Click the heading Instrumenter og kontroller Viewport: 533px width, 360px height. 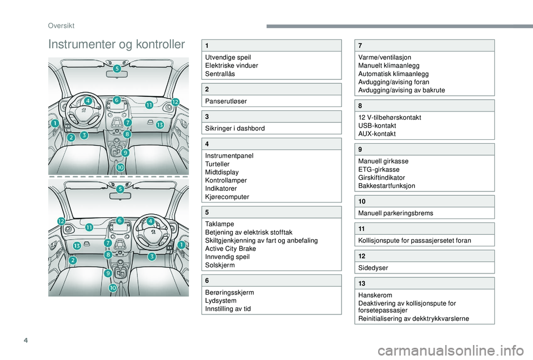[x=117, y=44]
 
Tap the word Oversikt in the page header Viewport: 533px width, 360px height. [x=61, y=26]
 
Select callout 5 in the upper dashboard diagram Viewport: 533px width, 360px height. [x=118, y=69]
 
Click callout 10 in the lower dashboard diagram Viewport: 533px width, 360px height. [x=113, y=288]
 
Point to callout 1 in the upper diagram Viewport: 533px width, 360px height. [x=55, y=123]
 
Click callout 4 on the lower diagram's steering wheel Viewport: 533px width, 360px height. [x=151, y=221]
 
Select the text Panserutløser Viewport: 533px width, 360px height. [x=226, y=101]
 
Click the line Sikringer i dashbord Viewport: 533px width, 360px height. [x=235, y=128]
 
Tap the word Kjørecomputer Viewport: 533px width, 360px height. [x=227, y=197]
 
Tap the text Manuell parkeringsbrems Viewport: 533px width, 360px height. [x=396, y=213]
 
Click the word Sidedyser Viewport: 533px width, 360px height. [x=373, y=267]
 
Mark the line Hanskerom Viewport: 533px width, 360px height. [x=375, y=295]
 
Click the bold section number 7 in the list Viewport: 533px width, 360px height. [x=360, y=45]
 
